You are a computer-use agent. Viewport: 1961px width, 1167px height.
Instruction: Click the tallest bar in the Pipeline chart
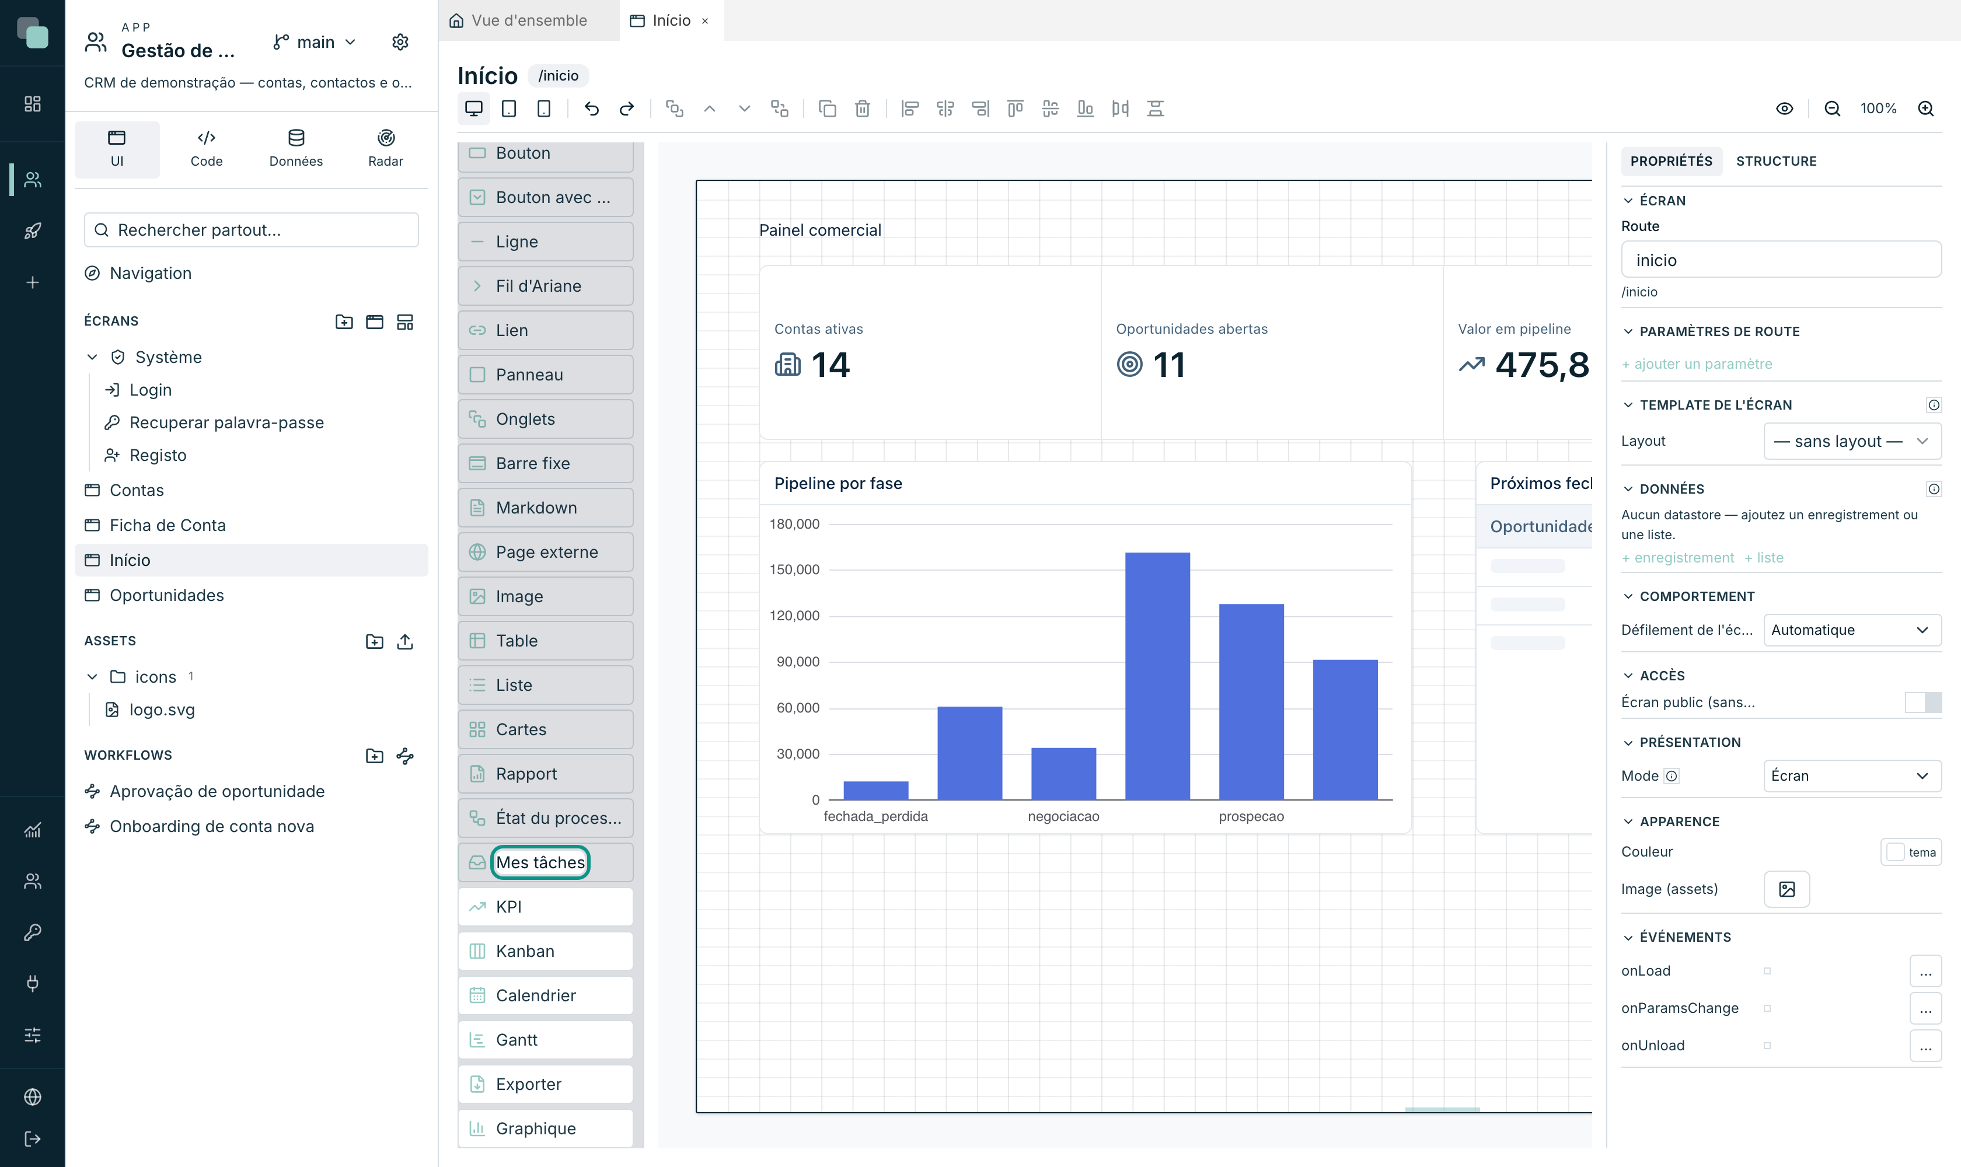(x=1157, y=676)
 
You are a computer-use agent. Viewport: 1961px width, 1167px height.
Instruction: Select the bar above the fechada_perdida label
(x=875, y=790)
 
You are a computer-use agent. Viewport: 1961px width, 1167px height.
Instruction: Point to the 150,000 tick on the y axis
(x=794, y=569)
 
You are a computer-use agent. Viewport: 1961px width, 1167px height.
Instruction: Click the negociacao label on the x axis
(x=1063, y=816)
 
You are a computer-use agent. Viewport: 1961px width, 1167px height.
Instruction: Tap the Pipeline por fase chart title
(x=838, y=483)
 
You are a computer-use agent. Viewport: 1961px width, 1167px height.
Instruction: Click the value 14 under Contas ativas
(x=830, y=365)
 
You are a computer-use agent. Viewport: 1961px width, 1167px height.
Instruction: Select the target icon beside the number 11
(x=1129, y=365)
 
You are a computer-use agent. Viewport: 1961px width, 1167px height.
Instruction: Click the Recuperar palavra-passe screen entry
(x=226, y=422)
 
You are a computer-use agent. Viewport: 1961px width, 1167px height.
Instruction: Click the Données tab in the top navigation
(x=296, y=149)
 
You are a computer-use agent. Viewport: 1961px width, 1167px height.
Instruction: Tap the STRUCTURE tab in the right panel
(x=1776, y=160)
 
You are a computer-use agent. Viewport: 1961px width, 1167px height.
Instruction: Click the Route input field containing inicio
(x=1781, y=260)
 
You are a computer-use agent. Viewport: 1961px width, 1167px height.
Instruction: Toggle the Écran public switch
(x=1923, y=703)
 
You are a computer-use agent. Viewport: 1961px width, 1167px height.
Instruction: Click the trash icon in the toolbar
(x=862, y=109)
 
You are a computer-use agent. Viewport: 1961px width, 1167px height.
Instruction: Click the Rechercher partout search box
(x=251, y=230)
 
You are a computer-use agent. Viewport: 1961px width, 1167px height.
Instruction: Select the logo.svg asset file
(x=161, y=710)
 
